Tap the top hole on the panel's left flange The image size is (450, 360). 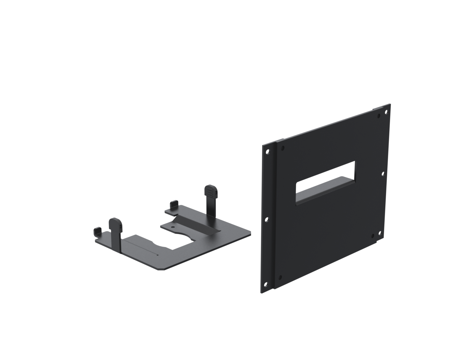coord(267,151)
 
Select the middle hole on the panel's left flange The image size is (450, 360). coord(266,219)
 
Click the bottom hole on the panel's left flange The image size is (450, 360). coord(266,284)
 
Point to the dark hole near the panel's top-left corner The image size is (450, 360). coord(283,147)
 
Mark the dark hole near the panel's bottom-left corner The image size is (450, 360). coord(280,277)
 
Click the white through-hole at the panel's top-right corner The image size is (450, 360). coord(386,112)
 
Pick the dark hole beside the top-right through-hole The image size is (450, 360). coord(379,116)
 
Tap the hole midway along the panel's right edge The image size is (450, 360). coord(383,174)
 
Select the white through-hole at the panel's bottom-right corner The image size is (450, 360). coord(380,233)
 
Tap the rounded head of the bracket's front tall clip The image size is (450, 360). coord(115,223)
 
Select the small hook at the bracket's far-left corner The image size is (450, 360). coord(97,231)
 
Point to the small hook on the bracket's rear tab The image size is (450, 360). coord(174,204)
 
